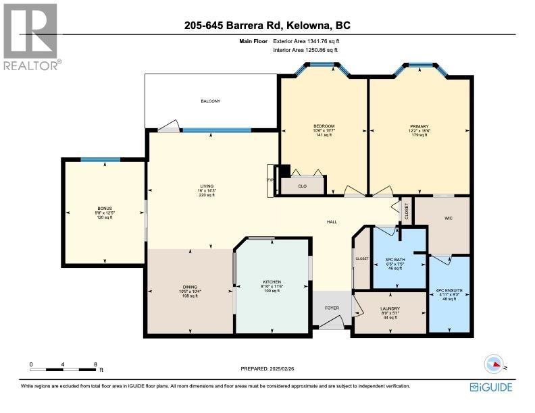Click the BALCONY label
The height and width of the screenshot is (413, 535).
(x=210, y=101)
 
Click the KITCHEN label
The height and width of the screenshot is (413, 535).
(x=272, y=282)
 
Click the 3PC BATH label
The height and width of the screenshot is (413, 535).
(x=394, y=260)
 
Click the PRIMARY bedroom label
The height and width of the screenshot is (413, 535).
(x=419, y=126)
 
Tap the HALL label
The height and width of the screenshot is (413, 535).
(x=332, y=222)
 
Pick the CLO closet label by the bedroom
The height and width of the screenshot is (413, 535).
(x=302, y=186)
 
